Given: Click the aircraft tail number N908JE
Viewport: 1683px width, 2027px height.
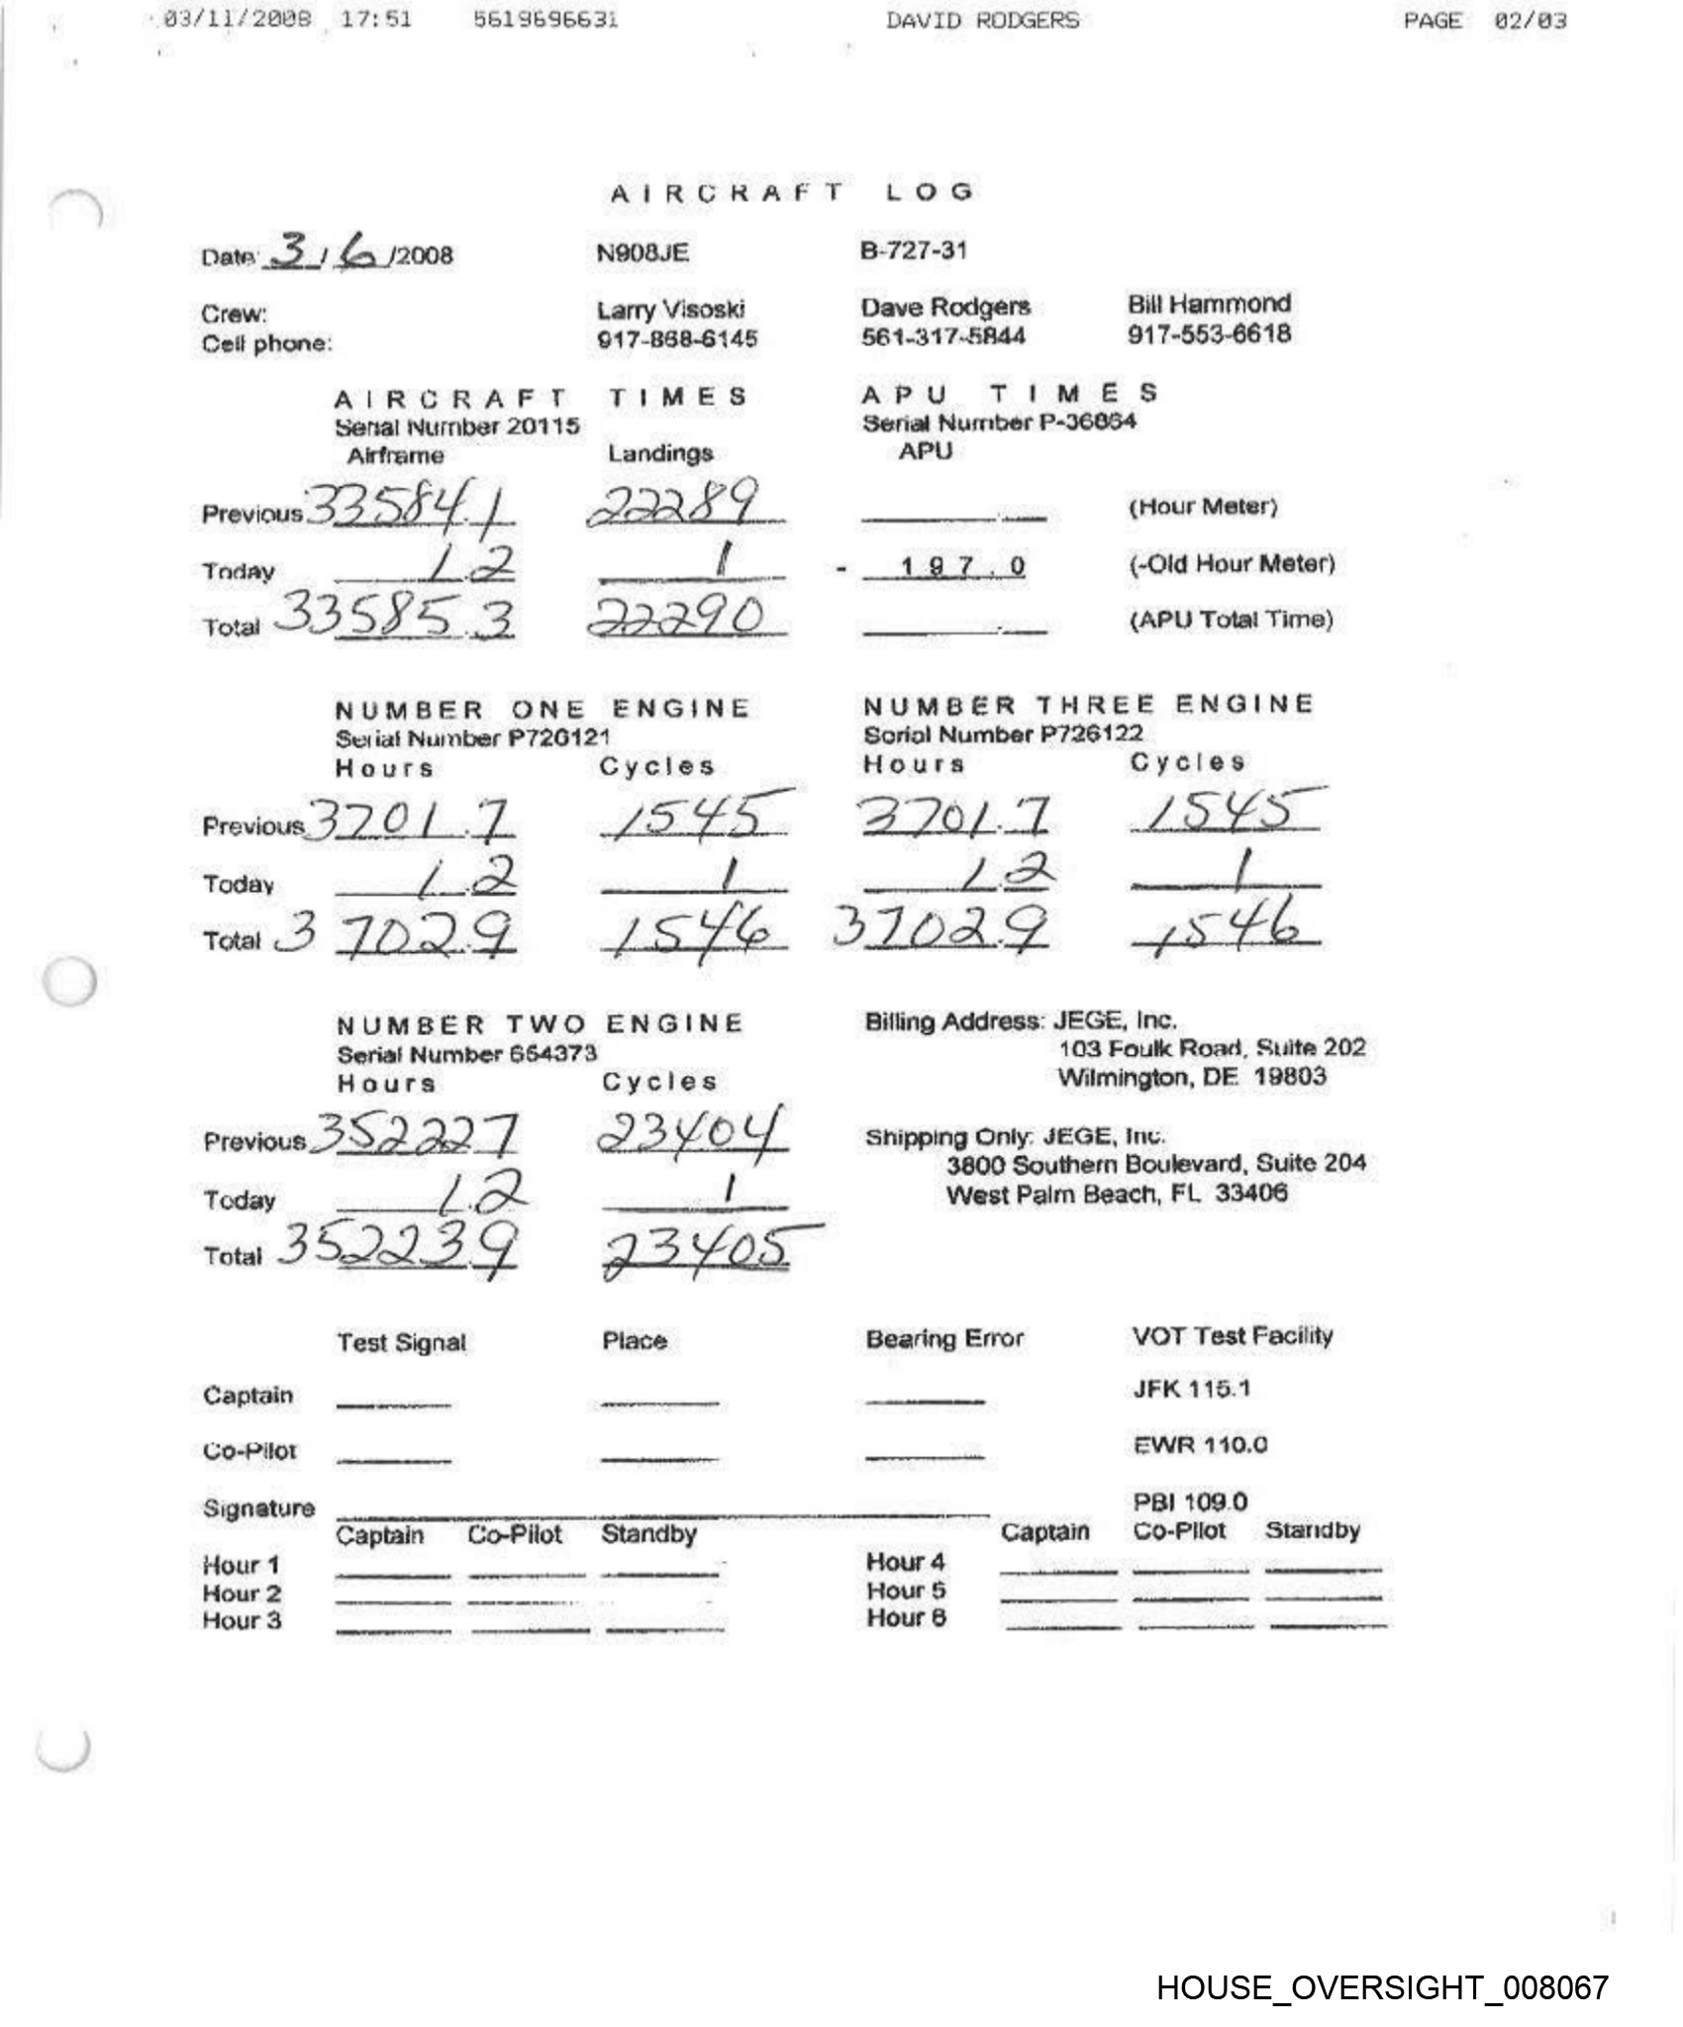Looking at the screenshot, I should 642,253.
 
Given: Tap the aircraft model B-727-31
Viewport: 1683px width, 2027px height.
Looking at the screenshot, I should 913,249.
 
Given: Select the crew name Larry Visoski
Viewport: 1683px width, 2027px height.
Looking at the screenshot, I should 670,310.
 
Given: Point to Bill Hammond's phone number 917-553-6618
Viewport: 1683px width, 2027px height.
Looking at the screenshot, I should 1209,334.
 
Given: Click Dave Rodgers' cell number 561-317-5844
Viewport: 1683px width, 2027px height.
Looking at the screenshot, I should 942,337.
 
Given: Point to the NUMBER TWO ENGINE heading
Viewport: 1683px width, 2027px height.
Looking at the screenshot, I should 540,1024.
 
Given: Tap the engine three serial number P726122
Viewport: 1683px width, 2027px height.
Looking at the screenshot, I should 1003,734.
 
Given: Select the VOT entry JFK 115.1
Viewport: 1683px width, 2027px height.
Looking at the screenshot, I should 1192,1389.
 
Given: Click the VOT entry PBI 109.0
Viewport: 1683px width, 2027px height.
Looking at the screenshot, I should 1190,1501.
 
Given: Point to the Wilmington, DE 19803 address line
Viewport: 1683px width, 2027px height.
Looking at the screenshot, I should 1192,1077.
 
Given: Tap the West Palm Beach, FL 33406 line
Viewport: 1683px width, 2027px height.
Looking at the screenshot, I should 1117,1194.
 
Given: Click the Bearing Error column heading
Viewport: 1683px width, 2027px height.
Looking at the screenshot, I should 944,1339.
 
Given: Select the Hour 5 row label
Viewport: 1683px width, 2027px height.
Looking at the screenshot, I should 906,1591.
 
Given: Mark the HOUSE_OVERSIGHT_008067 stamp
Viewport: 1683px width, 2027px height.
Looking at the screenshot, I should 1382,1987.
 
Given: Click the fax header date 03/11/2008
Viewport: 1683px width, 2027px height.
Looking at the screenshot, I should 238,20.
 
